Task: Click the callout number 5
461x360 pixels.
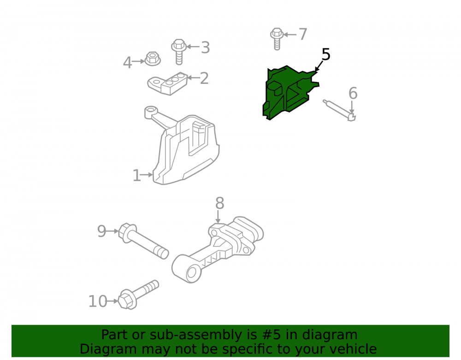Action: pyautogui.click(x=326, y=55)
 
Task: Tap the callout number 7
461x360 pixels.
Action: pyautogui.click(x=303, y=35)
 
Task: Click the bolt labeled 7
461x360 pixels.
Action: pyautogui.click(x=277, y=39)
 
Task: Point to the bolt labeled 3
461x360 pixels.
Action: pyautogui.click(x=179, y=51)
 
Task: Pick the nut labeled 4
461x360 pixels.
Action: pyautogui.click(x=152, y=59)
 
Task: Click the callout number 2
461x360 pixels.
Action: pyautogui.click(x=204, y=78)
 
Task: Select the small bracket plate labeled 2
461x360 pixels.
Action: pyautogui.click(x=168, y=83)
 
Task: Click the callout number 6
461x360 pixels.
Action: pyautogui.click(x=353, y=93)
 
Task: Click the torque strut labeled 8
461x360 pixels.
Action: pyautogui.click(x=218, y=250)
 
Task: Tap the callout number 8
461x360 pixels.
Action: pyautogui.click(x=219, y=203)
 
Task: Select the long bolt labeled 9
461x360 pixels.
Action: pyautogui.click(x=143, y=241)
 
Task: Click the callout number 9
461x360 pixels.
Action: pyautogui.click(x=101, y=231)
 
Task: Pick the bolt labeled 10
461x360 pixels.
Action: pyautogui.click(x=138, y=295)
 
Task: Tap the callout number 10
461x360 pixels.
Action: pyautogui.click(x=98, y=301)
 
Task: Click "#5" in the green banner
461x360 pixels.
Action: pyautogui.click(x=272, y=335)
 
